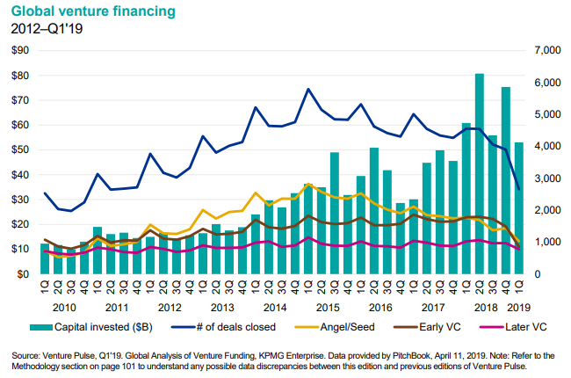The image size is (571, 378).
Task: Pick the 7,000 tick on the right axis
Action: tap(543, 51)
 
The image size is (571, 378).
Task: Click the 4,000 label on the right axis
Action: tap(543, 147)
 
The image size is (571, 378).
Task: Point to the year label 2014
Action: tap(275, 308)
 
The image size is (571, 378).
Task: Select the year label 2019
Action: tap(519, 308)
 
